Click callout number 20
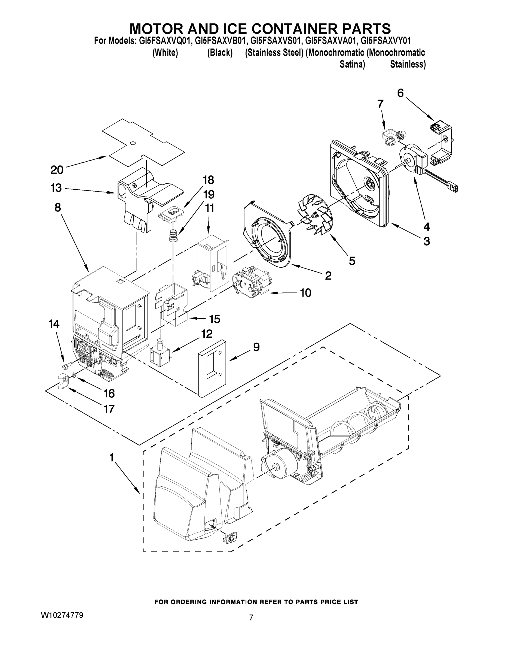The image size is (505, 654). [x=57, y=170]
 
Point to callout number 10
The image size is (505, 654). [x=305, y=293]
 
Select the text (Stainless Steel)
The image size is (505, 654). [x=274, y=53]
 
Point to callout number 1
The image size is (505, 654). [x=111, y=457]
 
